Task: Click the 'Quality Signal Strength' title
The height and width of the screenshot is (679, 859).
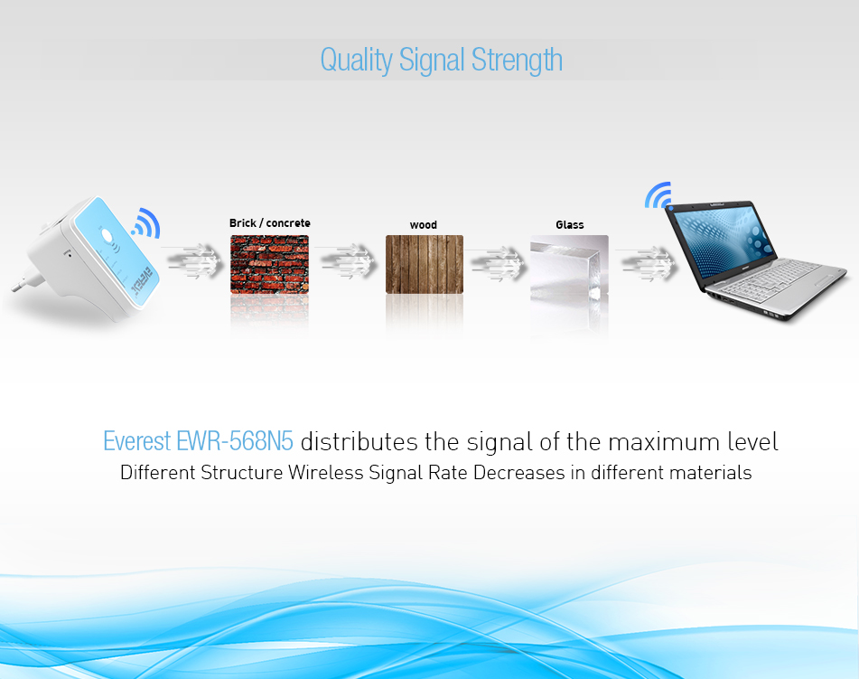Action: point(441,61)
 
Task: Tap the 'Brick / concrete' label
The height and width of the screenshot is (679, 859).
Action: point(269,223)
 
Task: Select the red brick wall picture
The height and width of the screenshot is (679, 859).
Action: point(269,264)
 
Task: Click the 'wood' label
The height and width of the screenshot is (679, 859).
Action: point(424,225)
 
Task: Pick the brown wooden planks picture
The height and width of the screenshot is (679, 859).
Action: point(425,264)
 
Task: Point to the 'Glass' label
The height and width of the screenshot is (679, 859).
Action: point(570,225)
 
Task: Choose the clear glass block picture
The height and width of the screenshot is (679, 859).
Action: point(569,267)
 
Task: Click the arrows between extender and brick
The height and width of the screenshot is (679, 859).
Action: point(192,260)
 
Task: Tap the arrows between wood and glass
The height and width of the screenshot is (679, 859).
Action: point(496,264)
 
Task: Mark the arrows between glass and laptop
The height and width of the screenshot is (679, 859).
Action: point(647,264)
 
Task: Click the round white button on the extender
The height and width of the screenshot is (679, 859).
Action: point(107,237)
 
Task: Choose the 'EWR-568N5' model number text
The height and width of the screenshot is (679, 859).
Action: point(235,441)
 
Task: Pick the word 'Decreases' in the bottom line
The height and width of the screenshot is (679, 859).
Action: point(518,473)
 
